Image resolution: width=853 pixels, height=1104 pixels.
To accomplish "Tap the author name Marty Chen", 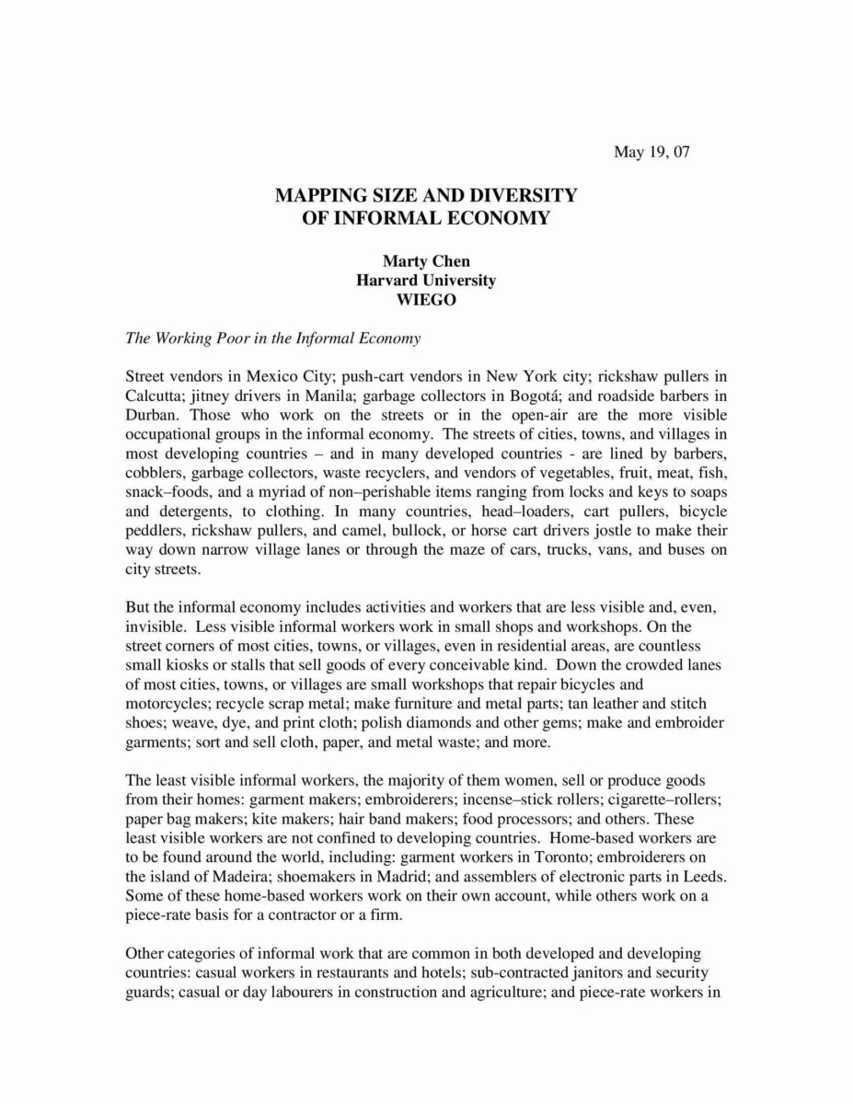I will [426, 262].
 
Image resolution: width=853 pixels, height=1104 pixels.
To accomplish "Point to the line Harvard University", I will [426, 280].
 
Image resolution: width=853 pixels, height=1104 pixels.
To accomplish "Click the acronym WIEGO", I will [426, 298].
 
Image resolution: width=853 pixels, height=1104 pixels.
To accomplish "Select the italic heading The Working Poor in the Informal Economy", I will [272, 338].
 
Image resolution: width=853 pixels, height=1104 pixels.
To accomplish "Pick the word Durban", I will [149, 414].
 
